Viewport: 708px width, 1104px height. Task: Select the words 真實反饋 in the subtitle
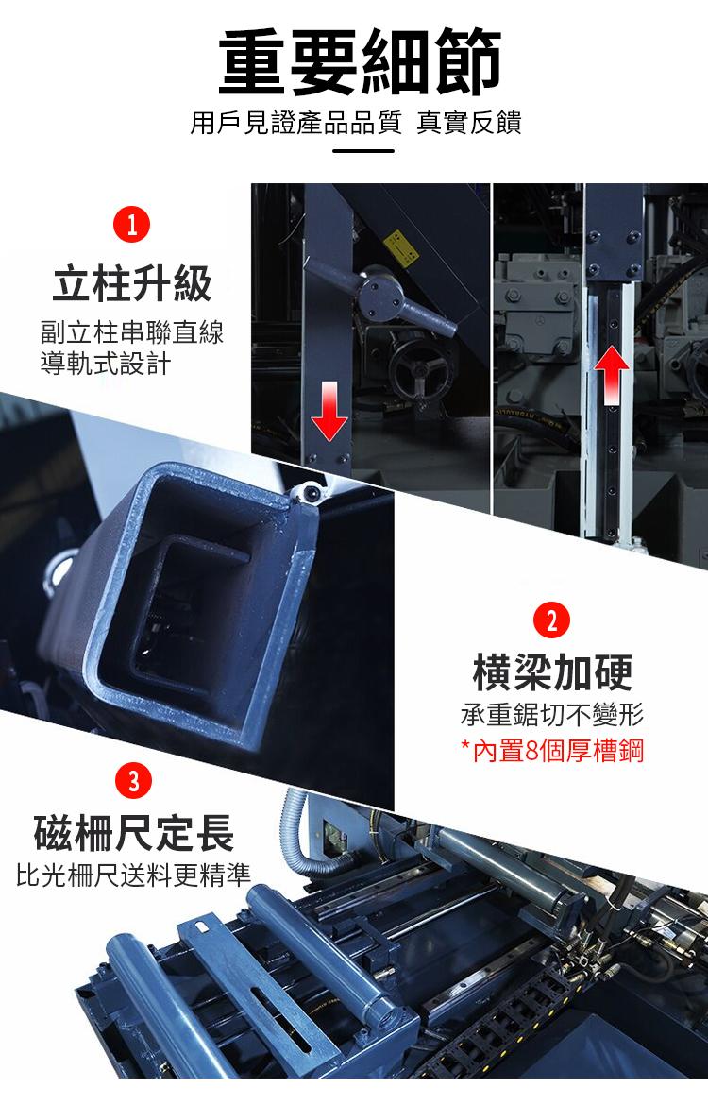(470, 123)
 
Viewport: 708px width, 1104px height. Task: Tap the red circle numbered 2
(551, 620)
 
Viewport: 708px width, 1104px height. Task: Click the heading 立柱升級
(132, 283)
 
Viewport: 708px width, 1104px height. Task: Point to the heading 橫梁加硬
(552, 671)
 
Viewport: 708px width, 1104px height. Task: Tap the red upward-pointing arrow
(612, 375)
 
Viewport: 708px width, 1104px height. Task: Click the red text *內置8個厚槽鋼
(552, 753)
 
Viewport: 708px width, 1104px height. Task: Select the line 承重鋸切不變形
(552, 714)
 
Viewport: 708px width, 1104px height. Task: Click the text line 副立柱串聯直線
(132, 332)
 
